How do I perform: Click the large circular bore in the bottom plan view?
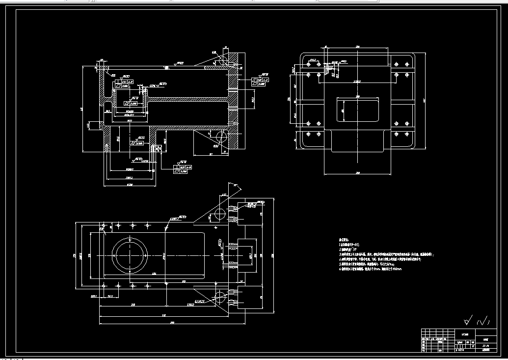(x=130, y=255)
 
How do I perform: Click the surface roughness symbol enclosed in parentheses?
(x=484, y=321)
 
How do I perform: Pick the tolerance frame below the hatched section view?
(x=180, y=169)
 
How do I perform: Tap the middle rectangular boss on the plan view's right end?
(x=247, y=255)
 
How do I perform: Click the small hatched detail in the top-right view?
(x=326, y=69)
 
